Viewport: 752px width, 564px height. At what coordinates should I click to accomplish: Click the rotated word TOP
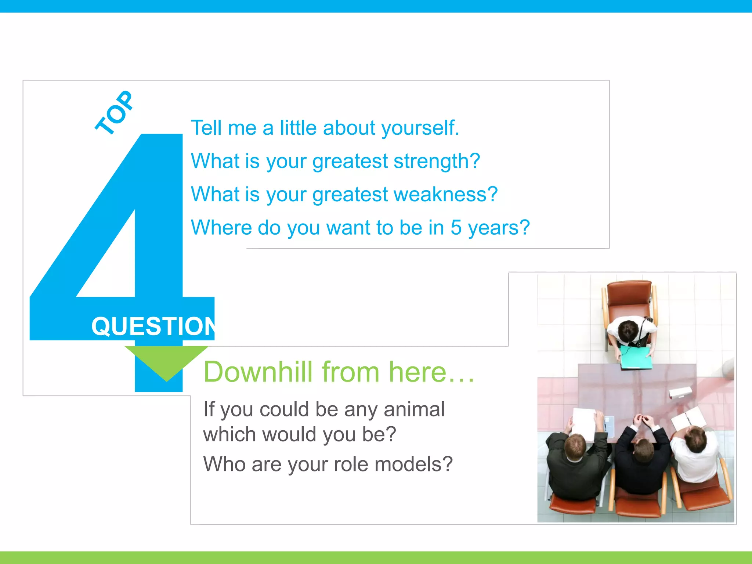coord(114,112)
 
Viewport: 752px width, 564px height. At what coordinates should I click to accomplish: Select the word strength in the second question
coord(437,161)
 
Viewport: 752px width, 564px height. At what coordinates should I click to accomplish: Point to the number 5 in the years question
coord(456,227)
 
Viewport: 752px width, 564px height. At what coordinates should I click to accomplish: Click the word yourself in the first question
coord(420,128)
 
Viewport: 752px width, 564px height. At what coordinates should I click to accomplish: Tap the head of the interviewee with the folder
coord(628,330)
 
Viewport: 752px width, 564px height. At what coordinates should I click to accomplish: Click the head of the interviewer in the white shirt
coord(695,440)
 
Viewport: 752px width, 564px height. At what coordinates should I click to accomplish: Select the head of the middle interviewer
coord(643,450)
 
